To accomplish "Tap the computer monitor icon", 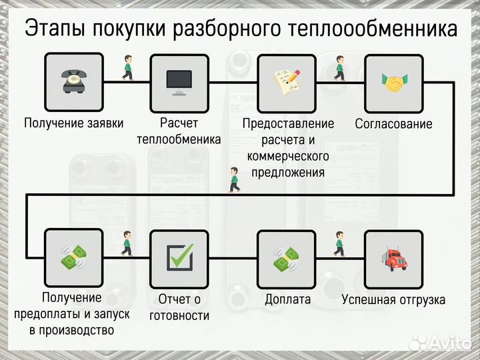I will pos(179,83).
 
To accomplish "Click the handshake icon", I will pos(394,83).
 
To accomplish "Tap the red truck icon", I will pos(394,259).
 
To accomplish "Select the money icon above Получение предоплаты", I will pos(73,259).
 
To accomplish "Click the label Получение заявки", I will pos(73,123).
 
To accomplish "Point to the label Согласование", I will pos(393,124).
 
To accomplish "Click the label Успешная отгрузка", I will pos(393,299).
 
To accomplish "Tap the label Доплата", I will pos(287,299).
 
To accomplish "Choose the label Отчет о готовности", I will pos(179,307).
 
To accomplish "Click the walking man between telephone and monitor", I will pos(126,68).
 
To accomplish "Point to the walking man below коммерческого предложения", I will pos(233,179).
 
